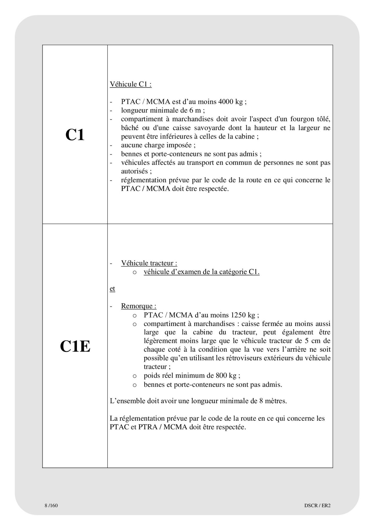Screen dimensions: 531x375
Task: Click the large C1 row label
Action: tap(75, 135)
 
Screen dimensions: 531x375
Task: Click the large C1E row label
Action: tap(75, 346)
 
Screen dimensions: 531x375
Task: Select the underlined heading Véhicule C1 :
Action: tap(131, 84)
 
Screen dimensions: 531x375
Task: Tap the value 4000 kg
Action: tap(230, 102)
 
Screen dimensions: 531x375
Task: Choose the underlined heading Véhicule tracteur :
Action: tap(149, 263)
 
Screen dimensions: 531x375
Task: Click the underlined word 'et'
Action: tap(112, 289)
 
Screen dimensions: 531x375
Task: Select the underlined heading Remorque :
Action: tap(139, 306)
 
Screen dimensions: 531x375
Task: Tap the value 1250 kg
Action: tap(243, 315)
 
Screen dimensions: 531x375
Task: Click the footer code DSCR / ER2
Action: tap(317, 506)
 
